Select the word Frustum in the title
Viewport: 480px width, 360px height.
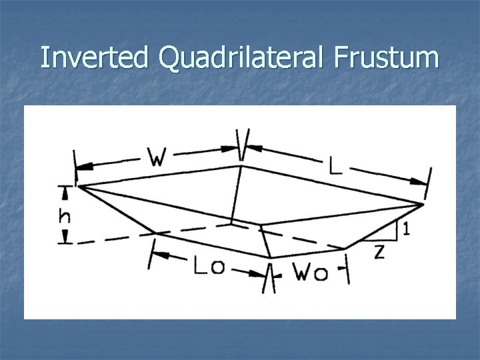point(382,58)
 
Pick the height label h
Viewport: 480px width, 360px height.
point(65,216)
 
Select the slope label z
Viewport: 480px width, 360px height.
point(379,253)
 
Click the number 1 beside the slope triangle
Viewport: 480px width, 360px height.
point(406,229)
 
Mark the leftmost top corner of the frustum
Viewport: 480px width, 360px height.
point(78,186)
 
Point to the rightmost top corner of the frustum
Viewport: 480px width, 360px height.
point(423,203)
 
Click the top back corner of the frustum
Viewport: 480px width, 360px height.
point(241,166)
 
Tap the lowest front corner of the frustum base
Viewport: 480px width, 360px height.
point(270,257)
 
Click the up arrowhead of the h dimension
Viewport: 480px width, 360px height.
point(65,191)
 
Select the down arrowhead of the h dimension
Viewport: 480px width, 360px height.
point(65,239)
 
